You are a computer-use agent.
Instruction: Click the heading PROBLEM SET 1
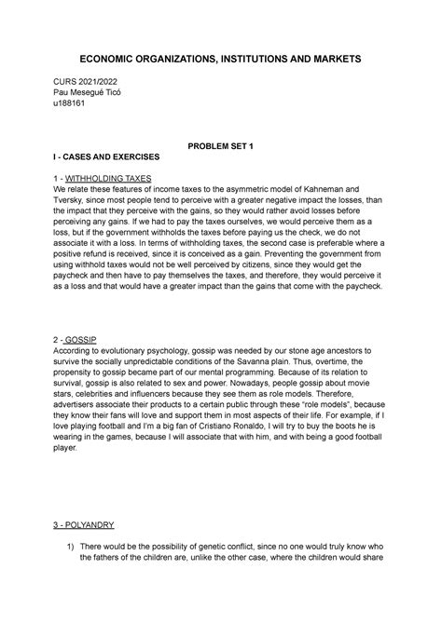pos(221,147)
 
